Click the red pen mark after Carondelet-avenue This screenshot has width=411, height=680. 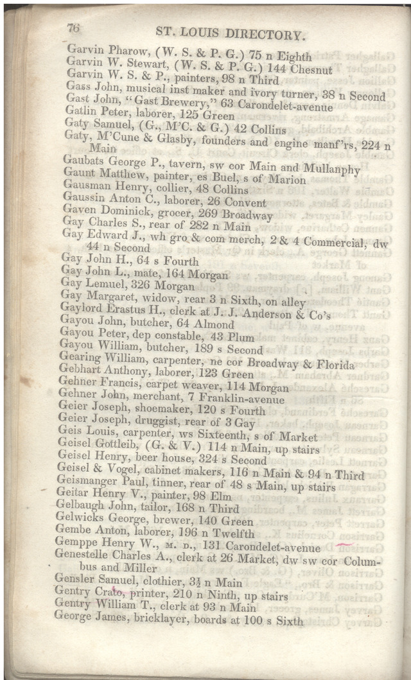click(344, 545)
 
